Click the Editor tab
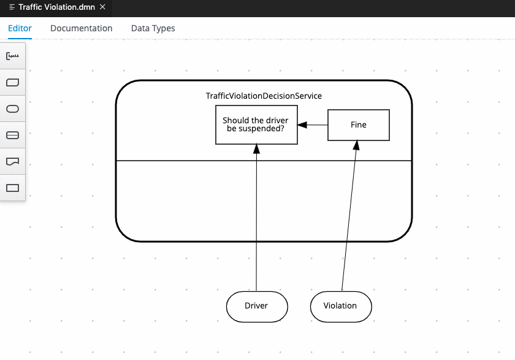pos(20,28)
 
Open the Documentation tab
pos(81,28)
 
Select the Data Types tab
pos(153,28)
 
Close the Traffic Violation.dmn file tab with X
pos(102,7)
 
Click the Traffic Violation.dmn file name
pos(56,7)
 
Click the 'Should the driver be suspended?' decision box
pos(256,125)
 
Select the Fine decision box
pos(358,125)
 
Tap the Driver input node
pos(256,305)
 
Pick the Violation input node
pos(340,305)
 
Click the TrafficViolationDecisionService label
pos(264,96)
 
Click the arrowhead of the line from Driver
pos(257,148)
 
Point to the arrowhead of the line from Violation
pos(356,145)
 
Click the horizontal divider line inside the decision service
pos(184,161)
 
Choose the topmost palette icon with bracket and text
pos(12,56)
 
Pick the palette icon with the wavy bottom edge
pos(12,161)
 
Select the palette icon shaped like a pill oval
pos(12,109)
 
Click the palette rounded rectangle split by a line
pos(12,136)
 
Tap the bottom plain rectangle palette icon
pos(12,188)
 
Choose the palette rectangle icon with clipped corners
pos(12,82)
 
